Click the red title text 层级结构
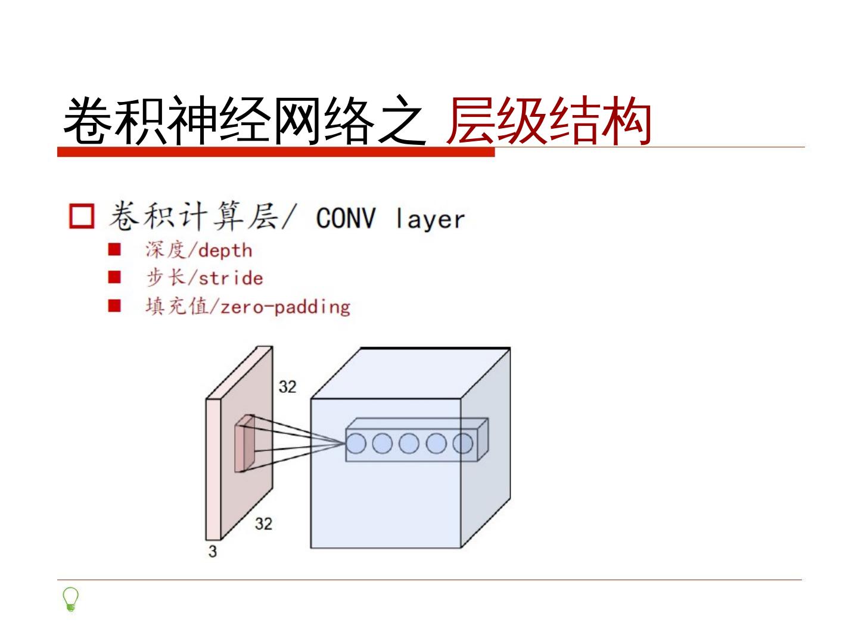548,121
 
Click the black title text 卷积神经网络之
244,121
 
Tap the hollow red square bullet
82,216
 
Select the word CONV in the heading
346,218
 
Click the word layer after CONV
430,219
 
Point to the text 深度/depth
198,250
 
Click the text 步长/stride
204,278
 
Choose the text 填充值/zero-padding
247,306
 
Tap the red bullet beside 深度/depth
114,249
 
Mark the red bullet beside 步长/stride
114,277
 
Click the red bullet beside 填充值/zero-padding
114,306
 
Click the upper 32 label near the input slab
287,387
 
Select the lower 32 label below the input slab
263,524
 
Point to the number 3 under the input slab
213,552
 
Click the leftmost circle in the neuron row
356,444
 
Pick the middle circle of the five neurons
409,444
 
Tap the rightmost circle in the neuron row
463,444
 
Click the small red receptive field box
244,445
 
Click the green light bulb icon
70,599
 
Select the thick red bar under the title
276,153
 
